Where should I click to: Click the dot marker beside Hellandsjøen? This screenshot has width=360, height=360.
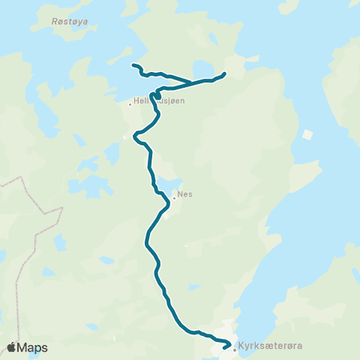[130, 104]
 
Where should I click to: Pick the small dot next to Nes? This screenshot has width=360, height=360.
[174, 198]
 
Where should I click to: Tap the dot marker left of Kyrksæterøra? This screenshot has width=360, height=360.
[235, 349]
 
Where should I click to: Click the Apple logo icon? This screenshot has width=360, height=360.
[12, 347]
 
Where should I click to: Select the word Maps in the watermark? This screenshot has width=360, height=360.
[33, 348]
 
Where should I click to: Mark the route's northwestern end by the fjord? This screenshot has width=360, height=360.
[133, 66]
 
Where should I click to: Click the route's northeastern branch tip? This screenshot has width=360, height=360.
[225, 73]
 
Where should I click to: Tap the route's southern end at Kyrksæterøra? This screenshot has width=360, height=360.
[226, 346]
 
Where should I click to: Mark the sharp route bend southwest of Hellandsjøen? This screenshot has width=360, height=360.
[136, 136]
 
